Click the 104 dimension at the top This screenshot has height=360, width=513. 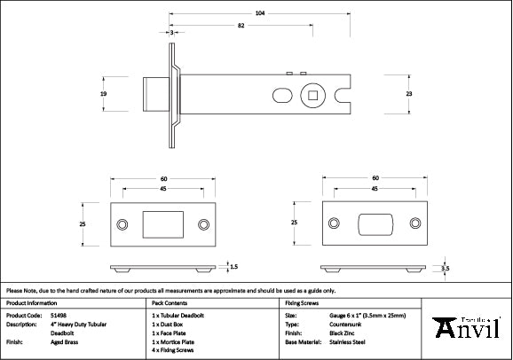pos(258,13)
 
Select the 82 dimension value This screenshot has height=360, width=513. pos(241,27)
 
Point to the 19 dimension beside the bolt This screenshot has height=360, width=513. pos(104,92)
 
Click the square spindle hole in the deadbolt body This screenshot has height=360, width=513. pos(314,92)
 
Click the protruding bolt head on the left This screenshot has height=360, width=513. pos(152,92)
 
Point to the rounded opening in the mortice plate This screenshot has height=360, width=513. pos(375,223)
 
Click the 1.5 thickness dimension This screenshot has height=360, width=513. pos(233,265)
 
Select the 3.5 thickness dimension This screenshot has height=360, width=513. pos(446,266)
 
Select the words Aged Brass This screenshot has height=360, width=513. pos(63,340)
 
